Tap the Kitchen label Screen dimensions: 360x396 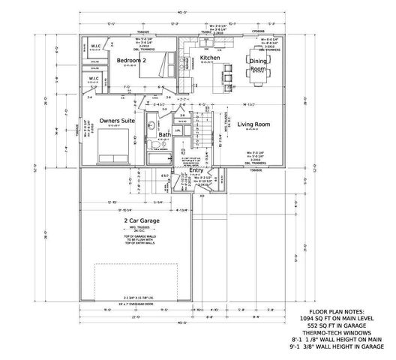(210, 57)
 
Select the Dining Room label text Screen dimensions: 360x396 (258, 64)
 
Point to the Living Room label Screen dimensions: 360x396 (254, 125)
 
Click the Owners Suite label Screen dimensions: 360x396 (118, 120)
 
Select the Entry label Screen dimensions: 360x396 (196, 170)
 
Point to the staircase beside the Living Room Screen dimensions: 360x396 (203, 139)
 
